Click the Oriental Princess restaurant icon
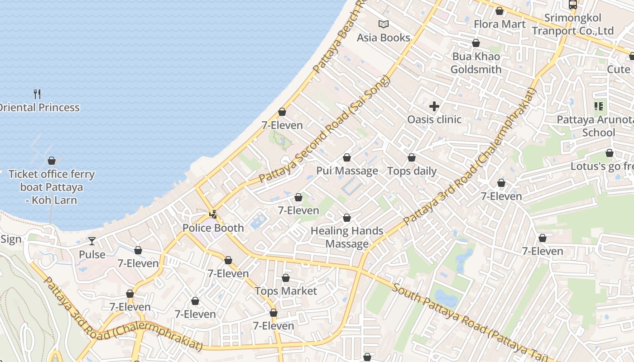(x=37, y=94)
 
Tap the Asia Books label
(x=383, y=38)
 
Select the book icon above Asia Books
(x=384, y=24)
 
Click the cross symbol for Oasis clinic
(x=434, y=106)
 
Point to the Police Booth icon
(x=213, y=214)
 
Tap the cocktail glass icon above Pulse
(x=92, y=241)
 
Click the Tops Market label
(x=285, y=291)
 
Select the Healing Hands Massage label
(x=347, y=237)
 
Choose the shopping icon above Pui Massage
(x=347, y=157)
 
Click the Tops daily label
(x=412, y=171)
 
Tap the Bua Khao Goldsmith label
(x=476, y=63)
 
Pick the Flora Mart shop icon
(x=500, y=11)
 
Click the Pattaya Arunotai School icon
(x=599, y=106)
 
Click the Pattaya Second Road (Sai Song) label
(x=324, y=130)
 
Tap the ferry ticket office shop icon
(x=52, y=161)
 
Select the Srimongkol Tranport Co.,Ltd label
(x=572, y=24)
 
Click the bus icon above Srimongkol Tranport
(x=573, y=5)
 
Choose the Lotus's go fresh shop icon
(x=610, y=153)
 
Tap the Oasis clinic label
(x=434, y=119)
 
